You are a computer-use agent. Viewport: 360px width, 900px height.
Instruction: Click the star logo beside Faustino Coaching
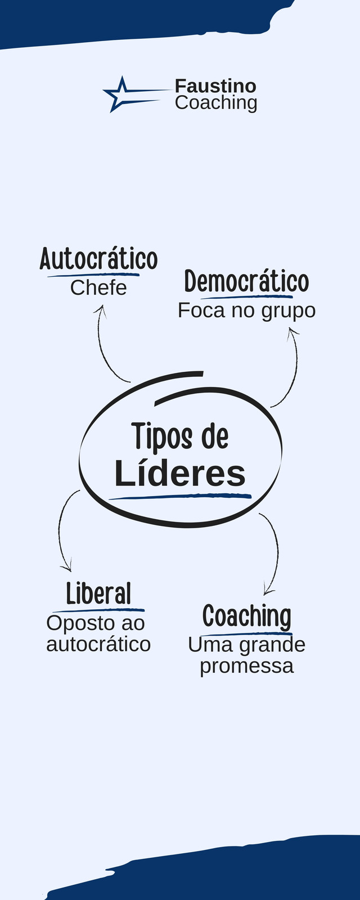120,94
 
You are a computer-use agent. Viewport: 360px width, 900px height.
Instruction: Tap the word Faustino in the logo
216,86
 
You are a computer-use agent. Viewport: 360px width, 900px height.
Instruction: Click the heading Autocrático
98,259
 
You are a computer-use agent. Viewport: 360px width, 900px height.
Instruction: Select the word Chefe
98,287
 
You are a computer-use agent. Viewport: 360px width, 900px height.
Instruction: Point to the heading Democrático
247,281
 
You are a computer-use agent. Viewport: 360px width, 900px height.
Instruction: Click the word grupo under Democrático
289,312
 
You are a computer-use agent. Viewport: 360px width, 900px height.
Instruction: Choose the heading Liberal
99,593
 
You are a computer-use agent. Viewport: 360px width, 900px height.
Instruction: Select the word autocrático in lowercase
98,644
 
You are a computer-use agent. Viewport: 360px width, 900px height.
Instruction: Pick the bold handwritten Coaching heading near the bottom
247,616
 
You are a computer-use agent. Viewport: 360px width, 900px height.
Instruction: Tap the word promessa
247,667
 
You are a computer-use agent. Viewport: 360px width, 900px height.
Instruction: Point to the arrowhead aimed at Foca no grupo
293,334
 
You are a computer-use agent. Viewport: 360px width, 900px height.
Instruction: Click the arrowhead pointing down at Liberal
67,566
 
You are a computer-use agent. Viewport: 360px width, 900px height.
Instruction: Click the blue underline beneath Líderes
180,497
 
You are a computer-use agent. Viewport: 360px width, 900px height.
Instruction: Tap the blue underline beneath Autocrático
93,275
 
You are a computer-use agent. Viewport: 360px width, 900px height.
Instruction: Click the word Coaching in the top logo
216,103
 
